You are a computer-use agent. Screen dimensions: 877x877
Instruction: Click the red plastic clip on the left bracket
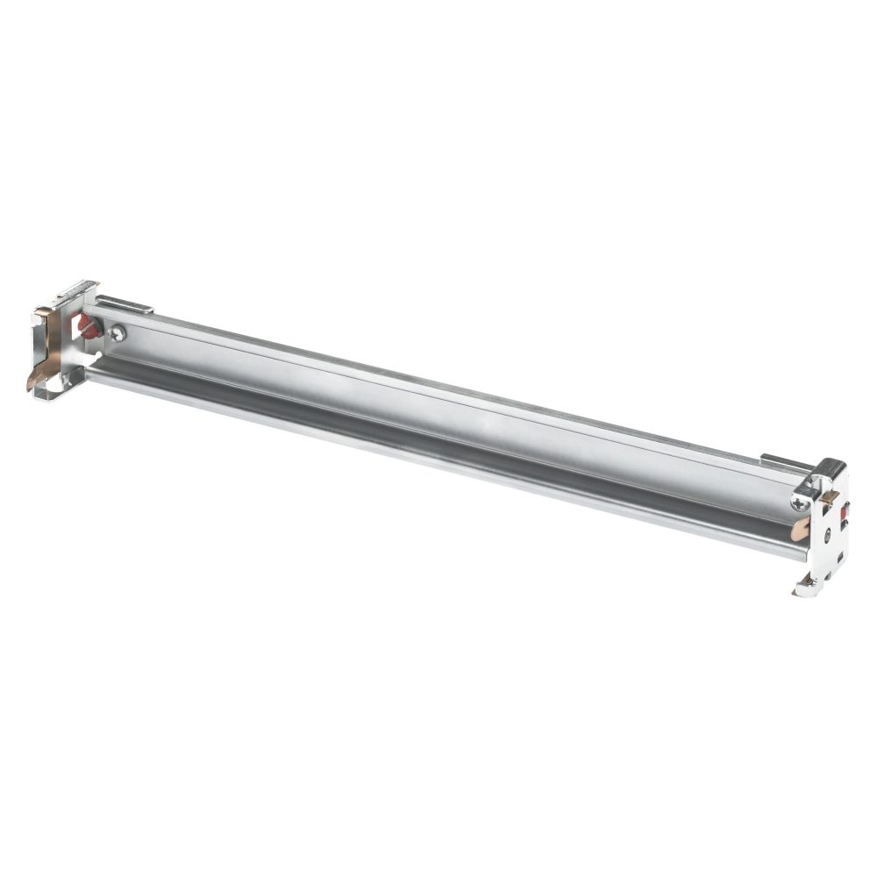click(x=88, y=325)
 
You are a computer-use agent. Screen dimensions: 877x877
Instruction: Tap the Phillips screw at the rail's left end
click(x=118, y=333)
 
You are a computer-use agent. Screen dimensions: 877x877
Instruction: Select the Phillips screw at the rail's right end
click(x=800, y=503)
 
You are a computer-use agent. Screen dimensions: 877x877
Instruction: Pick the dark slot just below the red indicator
click(x=845, y=524)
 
